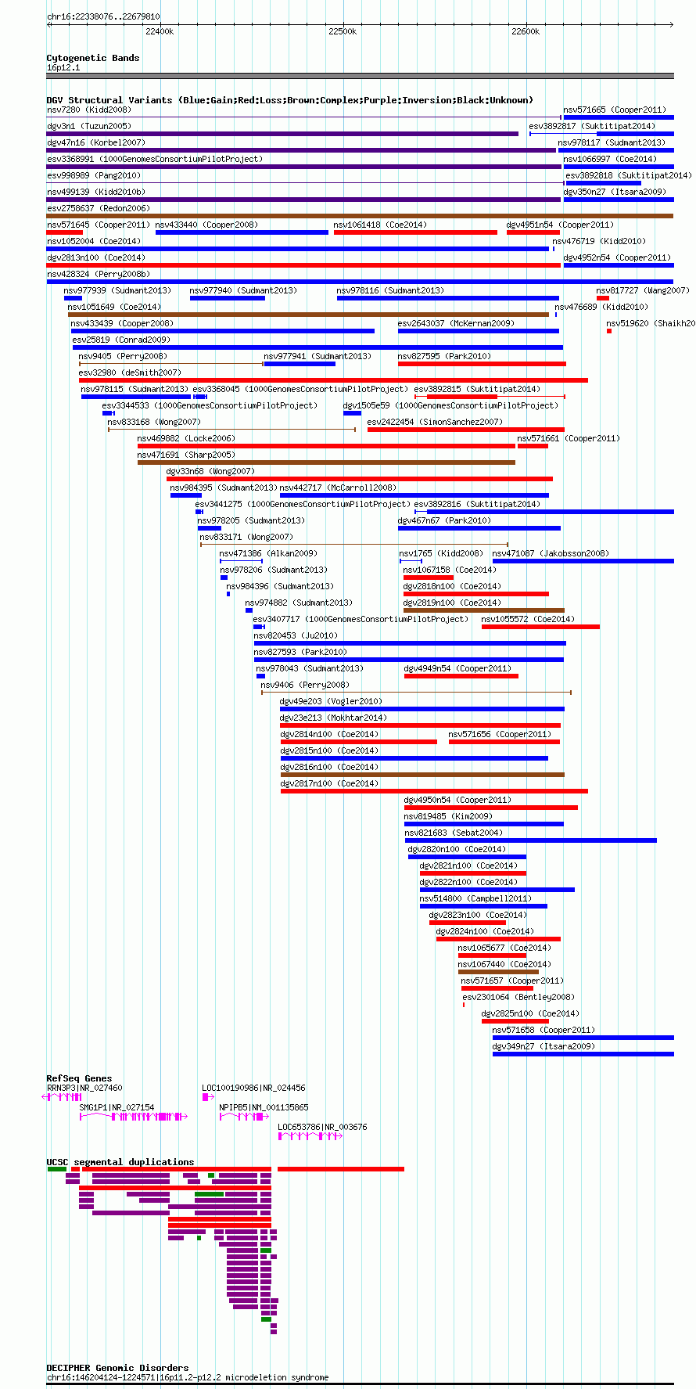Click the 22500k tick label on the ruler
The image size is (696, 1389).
click(343, 31)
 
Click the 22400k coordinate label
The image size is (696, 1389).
click(160, 31)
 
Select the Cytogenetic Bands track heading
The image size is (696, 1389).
click(93, 58)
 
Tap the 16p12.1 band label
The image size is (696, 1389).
click(63, 67)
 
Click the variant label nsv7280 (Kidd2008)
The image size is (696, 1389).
click(89, 110)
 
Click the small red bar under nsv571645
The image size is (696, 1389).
click(64, 232)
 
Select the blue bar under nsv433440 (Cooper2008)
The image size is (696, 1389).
click(242, 232)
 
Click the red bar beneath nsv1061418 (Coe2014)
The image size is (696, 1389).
click(415, 232)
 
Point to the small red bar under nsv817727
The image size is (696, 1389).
click(602, 298)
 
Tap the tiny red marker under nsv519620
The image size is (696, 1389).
click(609, 331)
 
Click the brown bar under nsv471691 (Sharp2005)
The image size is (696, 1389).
click(326, 462)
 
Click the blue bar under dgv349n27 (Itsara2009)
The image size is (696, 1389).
click(583, 1054)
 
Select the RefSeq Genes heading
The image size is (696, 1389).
click(79, 1078)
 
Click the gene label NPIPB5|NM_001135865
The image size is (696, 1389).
click(264, 1107)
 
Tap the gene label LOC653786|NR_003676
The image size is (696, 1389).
click(322, 1127)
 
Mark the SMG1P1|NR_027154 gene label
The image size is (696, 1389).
click(117, 1107)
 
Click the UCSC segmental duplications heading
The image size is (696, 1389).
click(120, 1162)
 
